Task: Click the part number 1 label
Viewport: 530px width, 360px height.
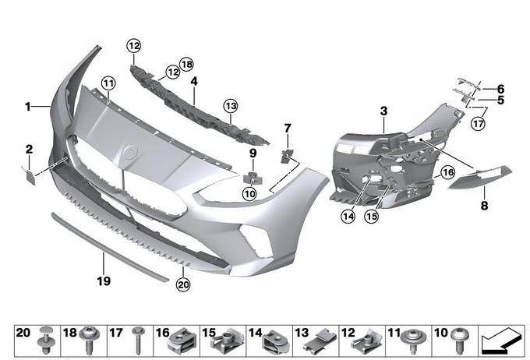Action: tap(28, 107)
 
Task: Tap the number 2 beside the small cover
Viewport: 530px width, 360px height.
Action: tap(28, 148)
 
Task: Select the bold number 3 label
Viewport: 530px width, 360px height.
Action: tap(383, 112)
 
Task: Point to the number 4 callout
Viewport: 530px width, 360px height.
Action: tap(193, 80)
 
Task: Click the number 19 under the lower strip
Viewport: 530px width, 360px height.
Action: tap(103, 279)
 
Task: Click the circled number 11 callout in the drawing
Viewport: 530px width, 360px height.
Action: tap(107, 83)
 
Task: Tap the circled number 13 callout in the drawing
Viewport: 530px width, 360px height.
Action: tap(229, 104)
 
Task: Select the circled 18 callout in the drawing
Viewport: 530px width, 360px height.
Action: tap(185, 63)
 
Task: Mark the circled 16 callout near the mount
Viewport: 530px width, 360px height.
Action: tap(447, 172)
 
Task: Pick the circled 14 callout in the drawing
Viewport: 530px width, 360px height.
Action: tap(347, 216)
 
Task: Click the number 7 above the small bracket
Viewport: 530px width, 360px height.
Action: tap(288, 127)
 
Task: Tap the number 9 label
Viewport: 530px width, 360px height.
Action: tap(252, 154)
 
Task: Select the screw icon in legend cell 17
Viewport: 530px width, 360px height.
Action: tap(138, 339)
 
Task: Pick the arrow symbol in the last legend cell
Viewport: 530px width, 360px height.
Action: tap(503, 340)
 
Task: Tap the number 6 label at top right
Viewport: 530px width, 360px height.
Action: tap(500, 88)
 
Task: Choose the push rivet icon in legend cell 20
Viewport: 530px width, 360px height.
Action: tap(45, 339)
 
